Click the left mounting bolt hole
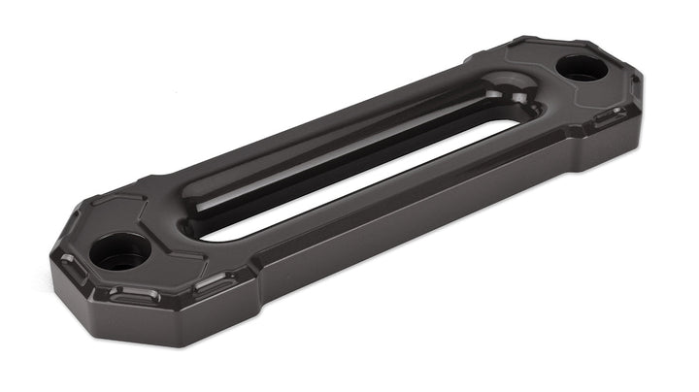tap(119, 252)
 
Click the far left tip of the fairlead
tap(49, 257)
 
